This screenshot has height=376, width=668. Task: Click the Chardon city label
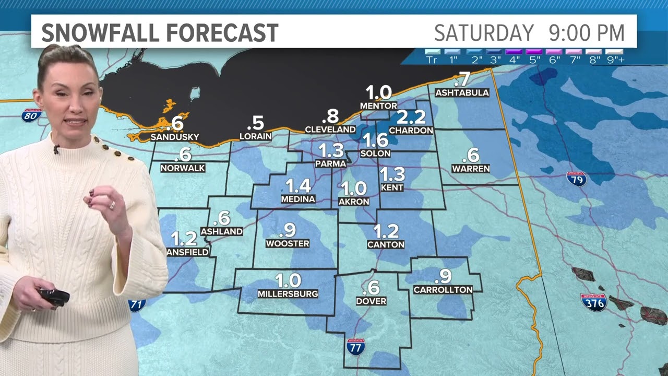click(x=411, y=130)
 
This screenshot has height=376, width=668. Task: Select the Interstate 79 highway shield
click(x=576, y=179)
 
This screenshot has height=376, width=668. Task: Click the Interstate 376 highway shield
click(x=594, y=302)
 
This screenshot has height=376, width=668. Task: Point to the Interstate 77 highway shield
click(x=355, y=347)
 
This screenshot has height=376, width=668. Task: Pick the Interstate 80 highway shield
click(x=31, y=115)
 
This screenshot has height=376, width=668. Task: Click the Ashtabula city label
click(x=462, y=93)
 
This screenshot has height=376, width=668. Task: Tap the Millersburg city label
click(x=288, y=294)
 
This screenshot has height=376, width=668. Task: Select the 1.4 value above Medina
click(x=298, y=186)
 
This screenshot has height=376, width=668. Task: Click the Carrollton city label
click(x=443, y=289)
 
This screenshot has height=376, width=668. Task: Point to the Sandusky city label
click(x=175, y=137)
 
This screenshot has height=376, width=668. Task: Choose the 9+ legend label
click(x=614, y=60)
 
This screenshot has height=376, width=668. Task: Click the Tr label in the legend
click(x=432, y=60)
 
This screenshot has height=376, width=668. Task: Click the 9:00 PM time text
click(x=587, y=33)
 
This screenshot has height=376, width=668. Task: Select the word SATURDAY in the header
click(x=484, y=33)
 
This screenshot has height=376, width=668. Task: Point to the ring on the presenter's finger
click(x=112, y=205)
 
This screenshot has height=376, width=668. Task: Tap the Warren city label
click(x=471, y=169)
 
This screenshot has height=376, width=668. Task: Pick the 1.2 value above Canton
click(x=386, y=231)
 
